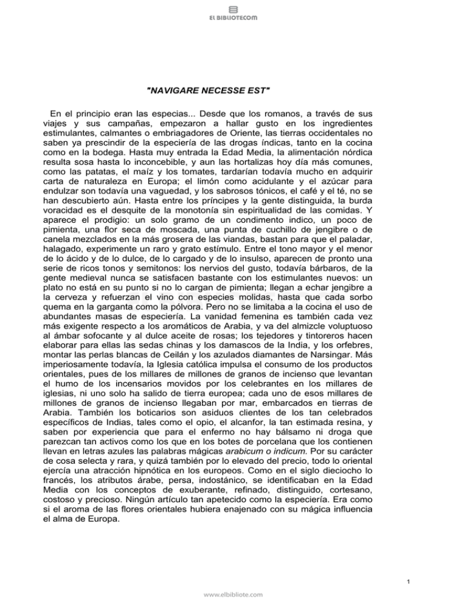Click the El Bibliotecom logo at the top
tap(233, 13)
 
